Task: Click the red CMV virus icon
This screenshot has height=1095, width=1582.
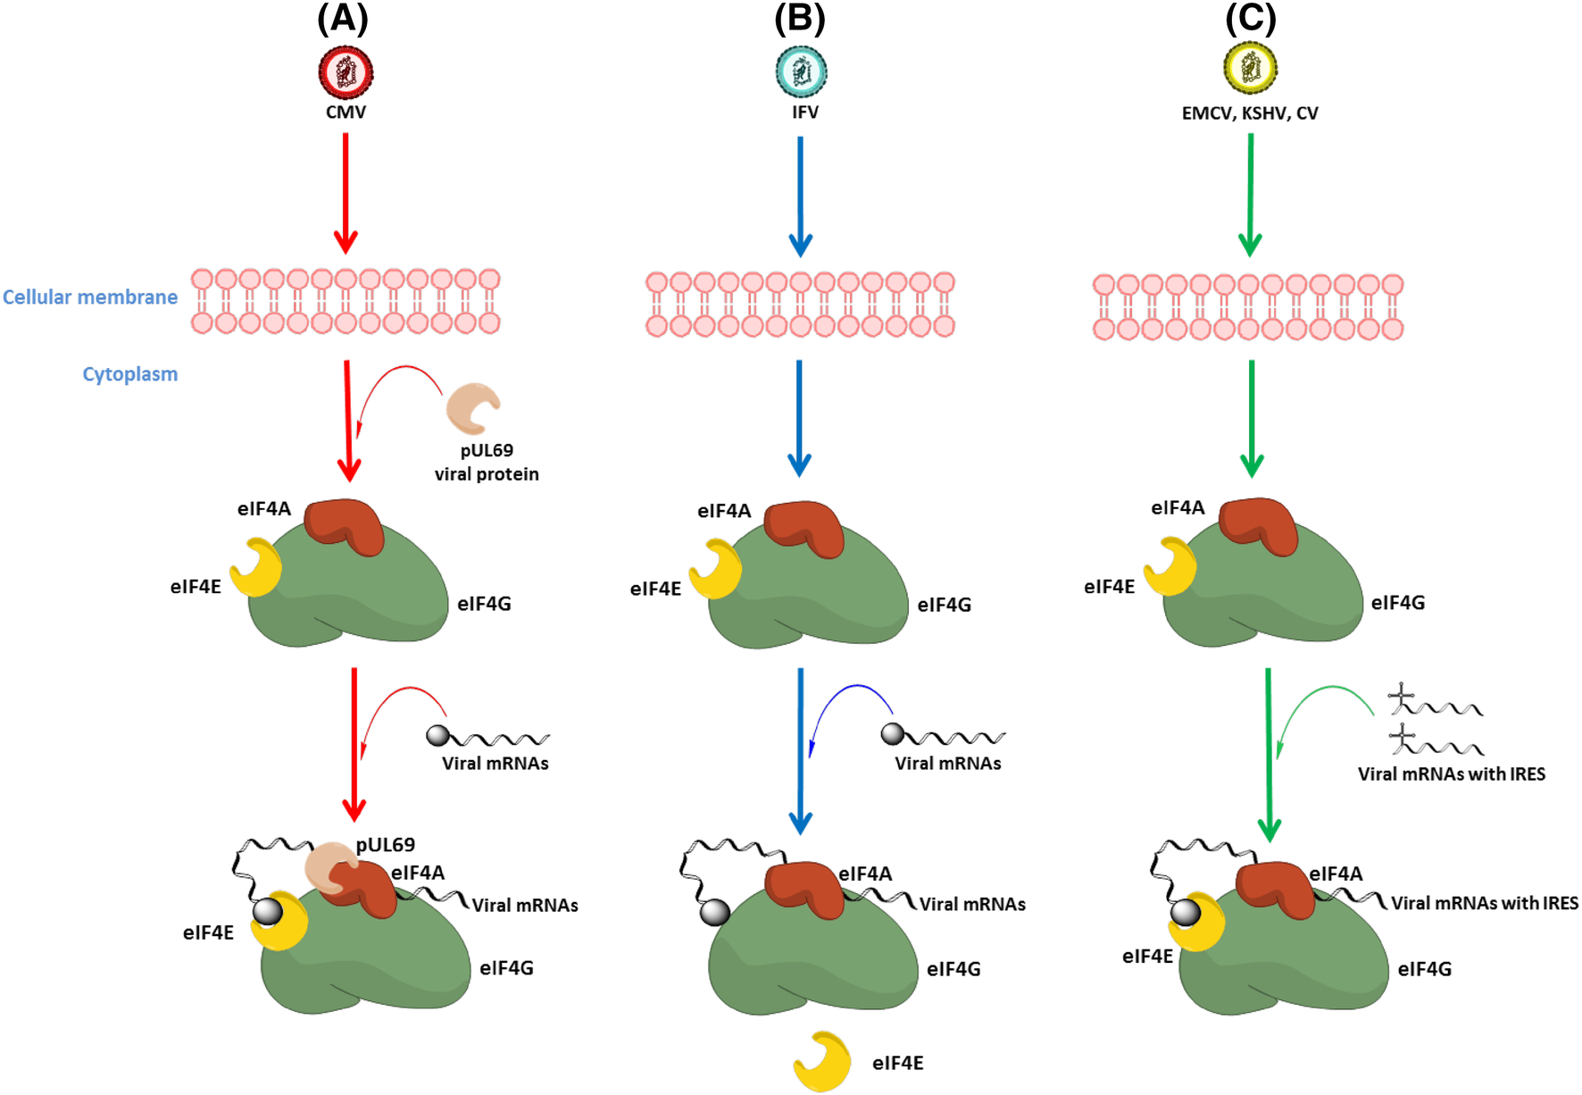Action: [x=346, y=72]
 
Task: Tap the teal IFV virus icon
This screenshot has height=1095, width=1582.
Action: [x=801, y=71]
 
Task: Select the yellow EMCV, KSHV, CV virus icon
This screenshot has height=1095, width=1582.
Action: [x=1250, y=68]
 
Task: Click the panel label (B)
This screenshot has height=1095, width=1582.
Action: [x=799, y=19]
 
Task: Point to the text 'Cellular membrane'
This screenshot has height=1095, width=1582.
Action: [x=90, y=297]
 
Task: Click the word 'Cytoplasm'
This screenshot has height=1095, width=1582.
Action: [x=130, y=374]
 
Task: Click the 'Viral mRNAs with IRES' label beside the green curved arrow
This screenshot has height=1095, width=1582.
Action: [x=1451, y=774]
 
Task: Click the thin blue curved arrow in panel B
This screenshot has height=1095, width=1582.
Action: [x=853, y=692]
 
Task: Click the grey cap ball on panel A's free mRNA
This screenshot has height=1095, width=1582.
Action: [x=437, y=735]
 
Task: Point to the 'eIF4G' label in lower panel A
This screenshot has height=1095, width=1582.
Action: [x=506, y=968]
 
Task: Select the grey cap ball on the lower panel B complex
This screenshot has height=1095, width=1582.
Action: [x=714, y=912]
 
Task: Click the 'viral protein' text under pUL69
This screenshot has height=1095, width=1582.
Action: [x=487, y=474]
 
